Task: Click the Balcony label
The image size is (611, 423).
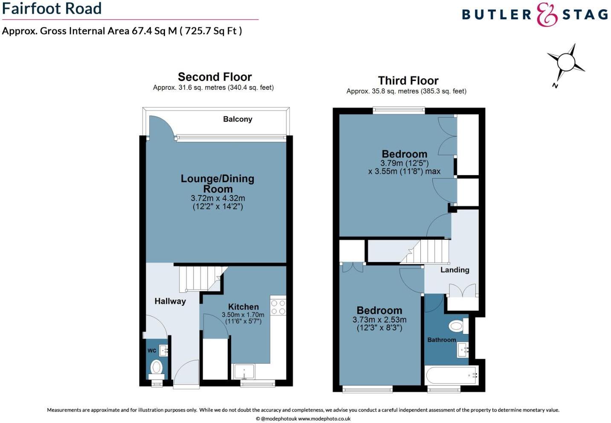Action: click(237, 119)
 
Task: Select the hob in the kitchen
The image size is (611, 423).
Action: click(278, 307)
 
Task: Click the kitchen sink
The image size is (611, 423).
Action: click(244, 371)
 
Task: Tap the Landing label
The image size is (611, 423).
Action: click(455, 270)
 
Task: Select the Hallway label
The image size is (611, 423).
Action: click(170, 302)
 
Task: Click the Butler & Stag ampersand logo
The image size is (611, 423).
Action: click(547, 15)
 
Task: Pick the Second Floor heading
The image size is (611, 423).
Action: click(214, 77)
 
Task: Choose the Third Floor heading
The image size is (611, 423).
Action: click(408, 81)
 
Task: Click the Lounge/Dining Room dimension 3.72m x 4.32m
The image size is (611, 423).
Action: click(217, 199)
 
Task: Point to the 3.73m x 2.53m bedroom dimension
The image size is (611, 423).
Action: click(379, 320)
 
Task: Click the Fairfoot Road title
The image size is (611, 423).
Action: click(52, 9)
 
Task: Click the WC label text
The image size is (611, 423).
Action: click(152, 351)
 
